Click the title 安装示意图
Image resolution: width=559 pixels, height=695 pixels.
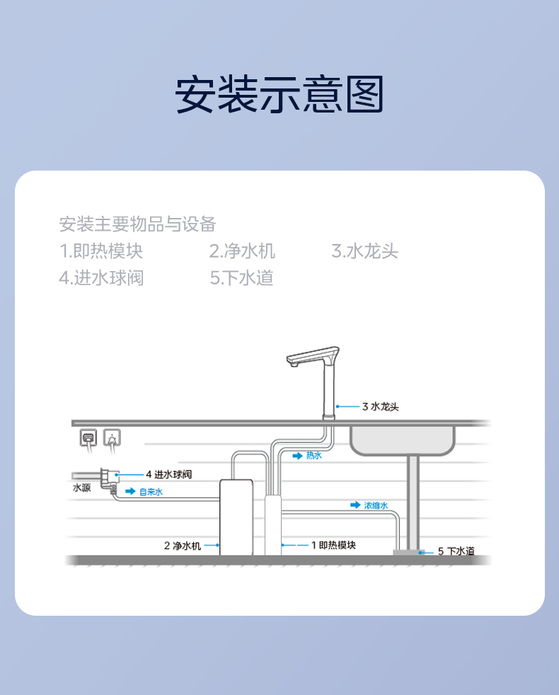click(x=279, y=94)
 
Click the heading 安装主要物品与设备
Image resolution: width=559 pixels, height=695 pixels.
click(x=137, y=224)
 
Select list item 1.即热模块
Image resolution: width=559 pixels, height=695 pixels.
click(x=101, y=251)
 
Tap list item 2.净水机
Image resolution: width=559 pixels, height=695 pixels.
click(x=242, y=251)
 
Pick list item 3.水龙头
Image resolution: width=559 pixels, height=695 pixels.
click(x=365, y=251)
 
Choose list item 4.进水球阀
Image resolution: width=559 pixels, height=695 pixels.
click(x=101, y=278)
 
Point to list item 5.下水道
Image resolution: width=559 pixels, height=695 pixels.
click(x=241, y=278)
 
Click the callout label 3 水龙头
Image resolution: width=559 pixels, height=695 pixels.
click(x=381, y=406)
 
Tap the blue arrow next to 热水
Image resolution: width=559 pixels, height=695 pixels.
click(x=297, y=456)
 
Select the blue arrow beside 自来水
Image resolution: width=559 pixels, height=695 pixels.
click(x=130, y=491)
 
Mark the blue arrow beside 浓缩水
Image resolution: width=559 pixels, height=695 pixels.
click(x=355, y=505)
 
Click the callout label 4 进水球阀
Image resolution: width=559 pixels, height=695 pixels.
click(x=169, y=474)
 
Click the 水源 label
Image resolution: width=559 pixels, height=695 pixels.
click(x=81, y=488)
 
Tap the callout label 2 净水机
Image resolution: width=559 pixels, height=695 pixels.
click(x=182, y=546)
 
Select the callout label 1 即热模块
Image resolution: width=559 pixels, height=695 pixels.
click(x=333, y=545)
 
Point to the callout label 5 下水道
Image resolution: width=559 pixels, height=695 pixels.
click(x=456, y=551)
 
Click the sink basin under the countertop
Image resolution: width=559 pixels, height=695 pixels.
click(x=402, y=441)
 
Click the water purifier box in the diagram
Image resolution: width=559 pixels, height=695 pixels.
click(x=236, y=517)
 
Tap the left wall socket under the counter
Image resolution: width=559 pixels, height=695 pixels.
click(x=88, y=437)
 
